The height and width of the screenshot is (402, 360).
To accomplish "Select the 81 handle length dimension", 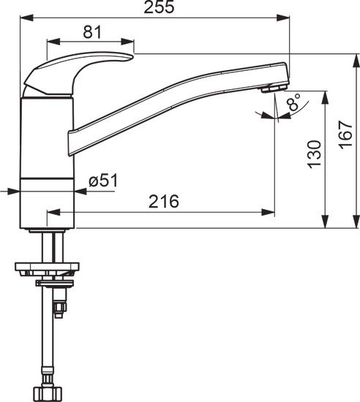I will pos(91,32).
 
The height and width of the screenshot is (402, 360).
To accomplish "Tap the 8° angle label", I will pos(293,104).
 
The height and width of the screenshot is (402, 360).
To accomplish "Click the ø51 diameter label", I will pos(103,181).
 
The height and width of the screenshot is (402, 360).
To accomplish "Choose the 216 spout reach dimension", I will pos(164,202).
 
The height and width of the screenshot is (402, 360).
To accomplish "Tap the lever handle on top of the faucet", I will pos(80,69).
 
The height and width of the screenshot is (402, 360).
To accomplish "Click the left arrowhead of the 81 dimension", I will pos(51,42).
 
